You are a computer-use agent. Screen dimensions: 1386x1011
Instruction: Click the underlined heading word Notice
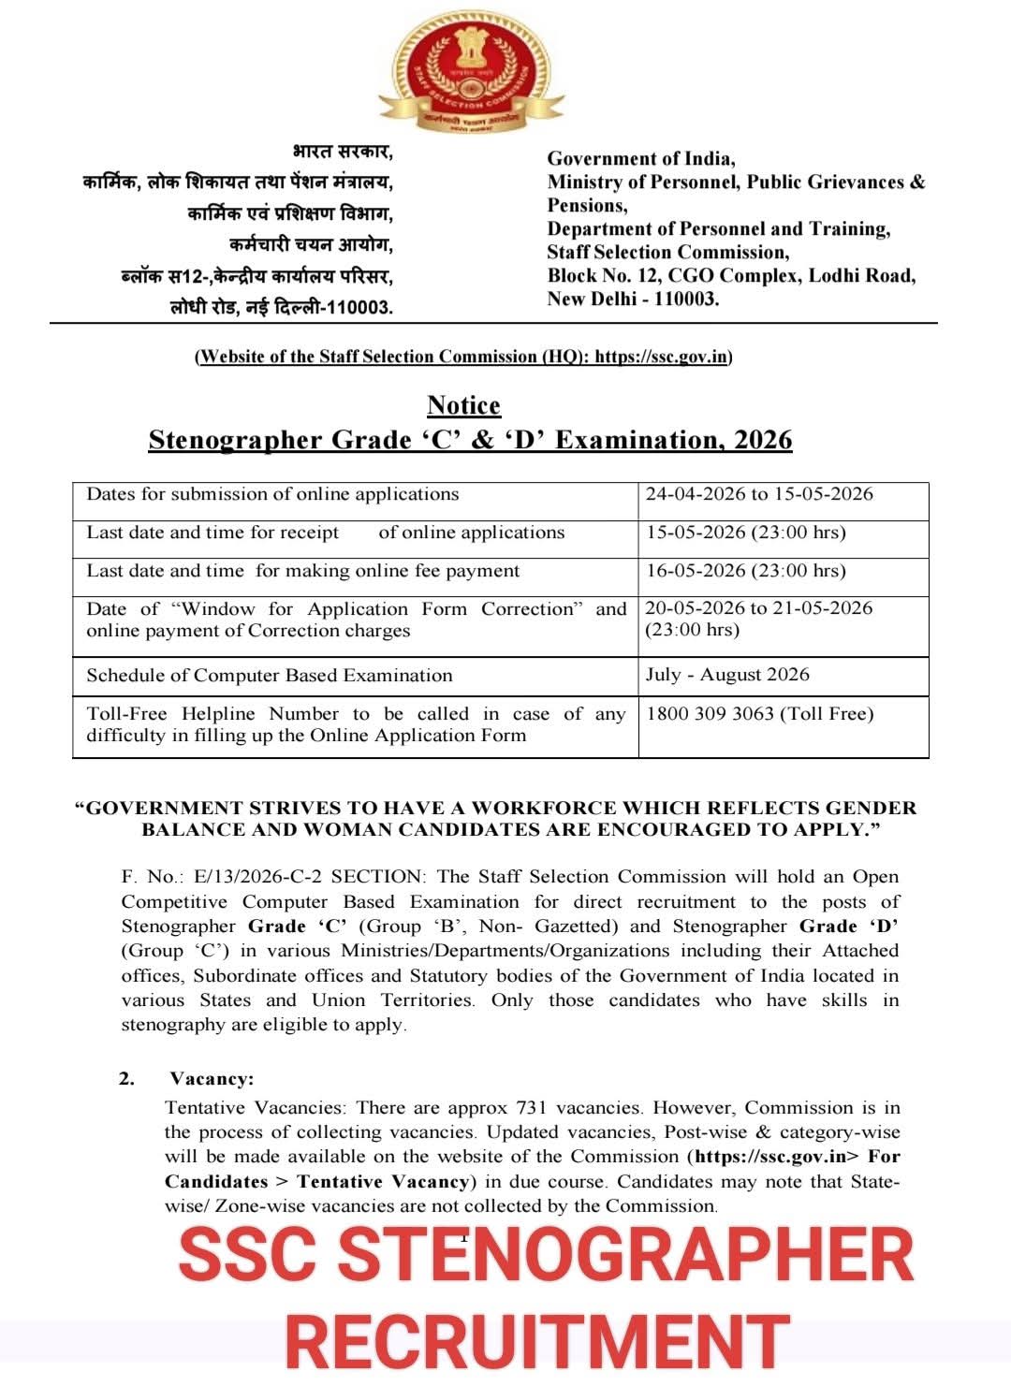pos(463,405)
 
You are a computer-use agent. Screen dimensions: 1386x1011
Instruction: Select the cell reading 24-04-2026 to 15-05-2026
pos(759,494)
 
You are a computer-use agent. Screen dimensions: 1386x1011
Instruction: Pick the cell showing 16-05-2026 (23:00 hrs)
pos(745,571)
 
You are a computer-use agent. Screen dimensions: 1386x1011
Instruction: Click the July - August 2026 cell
pos(727,675)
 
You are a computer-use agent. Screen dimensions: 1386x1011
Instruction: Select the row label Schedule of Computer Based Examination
pos(270,676)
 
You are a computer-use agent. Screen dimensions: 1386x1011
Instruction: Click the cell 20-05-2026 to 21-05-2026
pos(758,608)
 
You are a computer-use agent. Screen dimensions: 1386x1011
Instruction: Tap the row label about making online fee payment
pos(302,571)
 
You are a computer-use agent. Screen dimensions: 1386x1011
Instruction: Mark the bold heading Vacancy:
pos(212,1079)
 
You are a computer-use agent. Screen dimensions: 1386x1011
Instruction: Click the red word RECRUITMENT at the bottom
pos(537,1343)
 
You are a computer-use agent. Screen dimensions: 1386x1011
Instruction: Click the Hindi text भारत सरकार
pos(343,152)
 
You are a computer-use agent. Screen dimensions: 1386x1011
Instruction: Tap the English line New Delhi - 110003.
pos(633,299)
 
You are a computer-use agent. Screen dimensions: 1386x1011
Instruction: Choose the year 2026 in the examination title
pos(763,440)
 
